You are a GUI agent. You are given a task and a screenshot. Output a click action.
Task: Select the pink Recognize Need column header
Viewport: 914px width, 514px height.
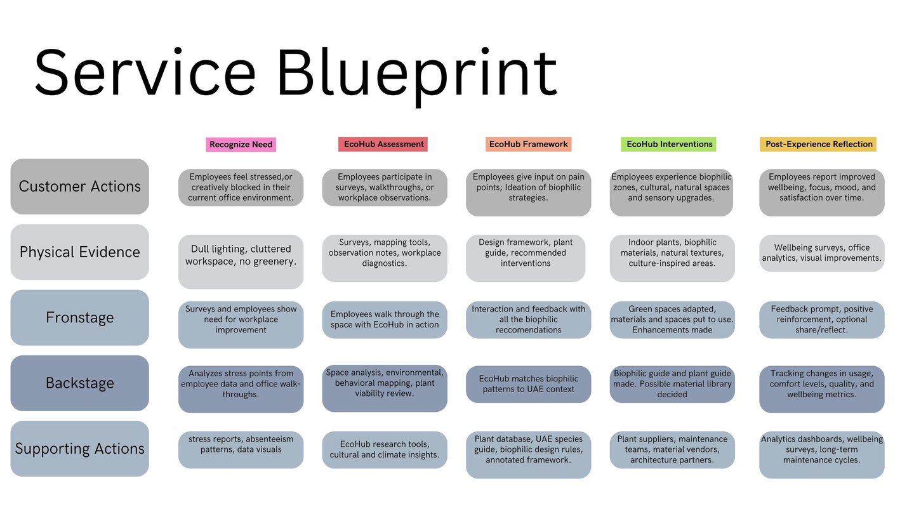[241, 145]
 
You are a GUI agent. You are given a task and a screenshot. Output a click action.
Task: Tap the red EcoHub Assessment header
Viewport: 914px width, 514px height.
[383, 144]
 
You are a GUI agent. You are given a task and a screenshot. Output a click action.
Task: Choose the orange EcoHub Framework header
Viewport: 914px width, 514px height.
[528, 144]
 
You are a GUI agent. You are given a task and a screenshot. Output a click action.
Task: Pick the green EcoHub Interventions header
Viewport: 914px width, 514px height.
[670, 144]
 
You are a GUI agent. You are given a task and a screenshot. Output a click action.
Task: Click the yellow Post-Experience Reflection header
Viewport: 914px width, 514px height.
[818, 144]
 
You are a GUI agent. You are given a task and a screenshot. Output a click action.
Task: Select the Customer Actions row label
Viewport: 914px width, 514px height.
[79, 187]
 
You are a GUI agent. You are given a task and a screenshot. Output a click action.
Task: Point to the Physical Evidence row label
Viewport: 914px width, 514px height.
[79, 252]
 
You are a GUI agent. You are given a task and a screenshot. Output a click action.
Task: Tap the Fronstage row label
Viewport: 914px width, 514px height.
[79, 317]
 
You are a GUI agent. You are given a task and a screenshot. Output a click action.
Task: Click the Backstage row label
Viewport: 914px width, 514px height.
[79, 383]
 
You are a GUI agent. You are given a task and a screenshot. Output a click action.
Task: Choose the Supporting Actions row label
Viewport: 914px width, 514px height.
[79, 449]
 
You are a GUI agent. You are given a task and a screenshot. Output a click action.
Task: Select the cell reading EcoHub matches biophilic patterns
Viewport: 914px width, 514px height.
[528, 384]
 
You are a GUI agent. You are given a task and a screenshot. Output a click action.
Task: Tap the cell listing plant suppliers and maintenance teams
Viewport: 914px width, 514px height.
[672, 449]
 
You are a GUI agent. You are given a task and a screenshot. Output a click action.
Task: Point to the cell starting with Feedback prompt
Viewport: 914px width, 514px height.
[821, 319]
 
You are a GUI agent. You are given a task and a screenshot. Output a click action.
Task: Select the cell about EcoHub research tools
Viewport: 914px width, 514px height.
[385, 449]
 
